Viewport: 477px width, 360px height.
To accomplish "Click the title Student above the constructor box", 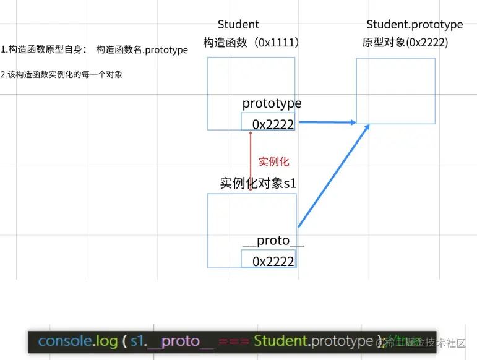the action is click(x=238, y=25).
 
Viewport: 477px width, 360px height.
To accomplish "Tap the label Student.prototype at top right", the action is click(x=415, y=25).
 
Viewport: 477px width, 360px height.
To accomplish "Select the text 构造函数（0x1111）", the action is click(x=251, y=43).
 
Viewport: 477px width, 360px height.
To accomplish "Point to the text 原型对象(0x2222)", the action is click(x=405, y=43).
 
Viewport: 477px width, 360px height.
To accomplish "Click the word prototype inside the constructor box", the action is click(x=272, y=103).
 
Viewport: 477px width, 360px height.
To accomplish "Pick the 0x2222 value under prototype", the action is click(x=273, y=124).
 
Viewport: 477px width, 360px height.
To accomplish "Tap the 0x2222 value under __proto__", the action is click(x=273, y=261).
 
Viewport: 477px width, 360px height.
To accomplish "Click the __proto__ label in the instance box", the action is click(x=273, y=241).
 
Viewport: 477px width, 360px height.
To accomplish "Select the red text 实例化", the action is click(x=273, y=162).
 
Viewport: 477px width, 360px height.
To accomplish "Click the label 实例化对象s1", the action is click(x=259, y=184).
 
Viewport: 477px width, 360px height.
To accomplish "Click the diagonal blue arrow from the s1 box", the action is click(x=334, y=175).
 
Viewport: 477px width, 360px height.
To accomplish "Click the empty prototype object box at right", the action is click(x=395, y=90).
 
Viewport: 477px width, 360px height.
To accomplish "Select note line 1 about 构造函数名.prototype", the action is click(x=94, y=50).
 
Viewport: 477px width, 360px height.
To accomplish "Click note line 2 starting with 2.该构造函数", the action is click(x=62, y=75).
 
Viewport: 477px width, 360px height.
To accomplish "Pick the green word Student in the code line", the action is click(x=281, y=341).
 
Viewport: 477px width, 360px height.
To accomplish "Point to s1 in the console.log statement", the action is click(x=137, y=341).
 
